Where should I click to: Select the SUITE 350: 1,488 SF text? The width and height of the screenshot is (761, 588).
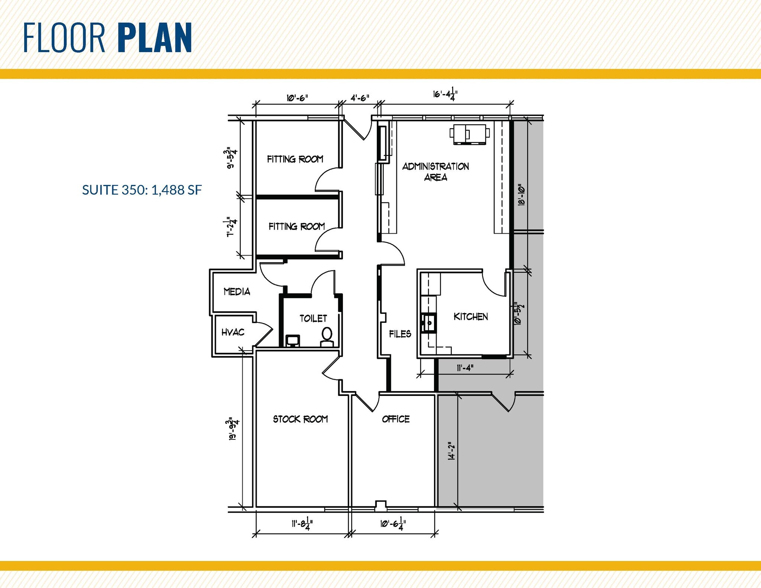click(142, 190)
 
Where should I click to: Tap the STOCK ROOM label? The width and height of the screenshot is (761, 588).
click(300, 419)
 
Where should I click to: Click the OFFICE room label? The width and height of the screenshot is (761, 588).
click(396, 419)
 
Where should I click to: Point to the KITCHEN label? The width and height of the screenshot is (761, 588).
click(470, 316)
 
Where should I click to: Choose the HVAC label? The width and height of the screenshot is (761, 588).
click(233, 332)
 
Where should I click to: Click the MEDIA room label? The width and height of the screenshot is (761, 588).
click(237, 292)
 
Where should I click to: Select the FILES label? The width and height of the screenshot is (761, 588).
click(400, 334)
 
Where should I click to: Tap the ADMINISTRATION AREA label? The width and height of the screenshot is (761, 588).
click(435, 172)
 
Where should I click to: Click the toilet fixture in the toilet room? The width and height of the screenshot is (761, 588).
click(327, 335)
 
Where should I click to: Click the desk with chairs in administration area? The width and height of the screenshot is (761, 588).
click(469, 133)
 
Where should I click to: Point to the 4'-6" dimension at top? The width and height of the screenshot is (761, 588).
click(360, 98)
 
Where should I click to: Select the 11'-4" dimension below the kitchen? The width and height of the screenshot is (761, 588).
click(465, 368)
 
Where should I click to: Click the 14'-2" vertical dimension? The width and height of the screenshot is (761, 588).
click(452, 451)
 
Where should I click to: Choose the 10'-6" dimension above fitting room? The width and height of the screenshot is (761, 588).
click(297, 98)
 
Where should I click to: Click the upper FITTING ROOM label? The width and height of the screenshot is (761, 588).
click(295, 159)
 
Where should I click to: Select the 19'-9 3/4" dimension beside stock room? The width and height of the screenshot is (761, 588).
click(234, 429)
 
